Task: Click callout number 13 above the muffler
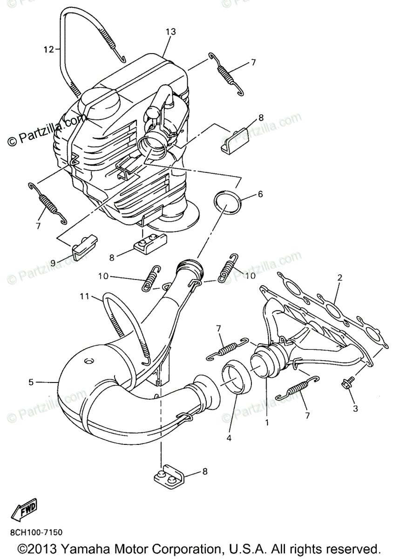[x=171, y=32]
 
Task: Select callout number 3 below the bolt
[x=355, y=409]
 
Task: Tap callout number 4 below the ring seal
[x=229, y=438]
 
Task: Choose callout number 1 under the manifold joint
[x=267, y=423]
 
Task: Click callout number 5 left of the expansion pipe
[x=31, y=382]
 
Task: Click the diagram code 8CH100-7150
[x=35, y=532]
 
